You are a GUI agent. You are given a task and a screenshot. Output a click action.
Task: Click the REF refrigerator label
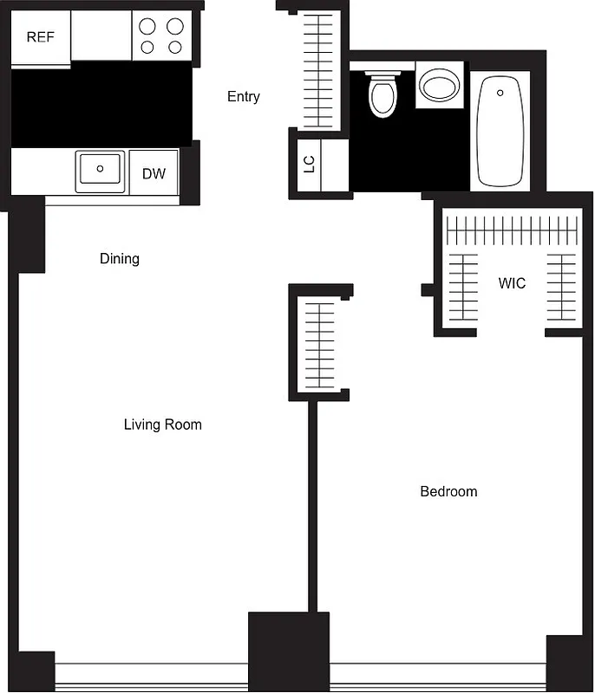point(40,37)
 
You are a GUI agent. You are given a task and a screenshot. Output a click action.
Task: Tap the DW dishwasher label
point(154,173)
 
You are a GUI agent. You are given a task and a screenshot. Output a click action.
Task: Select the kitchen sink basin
point(101,170)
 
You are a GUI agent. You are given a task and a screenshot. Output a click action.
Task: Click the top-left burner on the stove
point(147,26)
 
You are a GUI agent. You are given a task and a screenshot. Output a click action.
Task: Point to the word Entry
point(243,96)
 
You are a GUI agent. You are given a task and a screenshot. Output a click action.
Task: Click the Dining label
point(120,258)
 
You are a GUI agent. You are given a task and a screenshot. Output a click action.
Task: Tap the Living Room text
point(162,424)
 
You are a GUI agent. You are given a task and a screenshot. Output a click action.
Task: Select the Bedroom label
point(448,491)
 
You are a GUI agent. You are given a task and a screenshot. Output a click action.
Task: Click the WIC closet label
point(512,283)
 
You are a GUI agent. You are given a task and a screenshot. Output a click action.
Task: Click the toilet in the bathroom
point(382,94)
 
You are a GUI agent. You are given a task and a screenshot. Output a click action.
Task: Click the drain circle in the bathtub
point(500,91)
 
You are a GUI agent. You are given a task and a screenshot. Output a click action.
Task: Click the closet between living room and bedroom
point(320,344)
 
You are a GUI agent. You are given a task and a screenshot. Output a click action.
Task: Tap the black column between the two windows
point(289,650)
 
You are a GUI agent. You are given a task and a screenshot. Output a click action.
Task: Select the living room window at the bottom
point(152,675)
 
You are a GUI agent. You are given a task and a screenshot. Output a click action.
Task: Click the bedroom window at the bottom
point(438,675)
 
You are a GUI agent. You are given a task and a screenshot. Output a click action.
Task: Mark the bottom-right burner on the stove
point(175,48)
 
